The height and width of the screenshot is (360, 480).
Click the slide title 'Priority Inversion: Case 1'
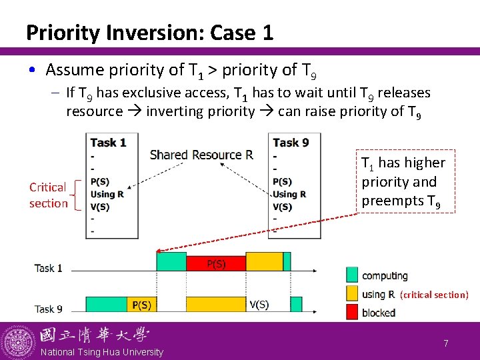point(149,32)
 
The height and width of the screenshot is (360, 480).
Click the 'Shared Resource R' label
point(201,155)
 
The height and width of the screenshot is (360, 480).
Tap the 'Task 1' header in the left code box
point(108,142)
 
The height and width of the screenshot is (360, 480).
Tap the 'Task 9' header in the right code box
point(291,142)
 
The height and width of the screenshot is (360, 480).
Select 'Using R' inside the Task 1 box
point(107,194)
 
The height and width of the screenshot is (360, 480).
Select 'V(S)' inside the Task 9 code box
point(283,207)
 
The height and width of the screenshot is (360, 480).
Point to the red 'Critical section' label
point(48,195)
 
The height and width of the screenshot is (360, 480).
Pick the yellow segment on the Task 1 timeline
point(265,261)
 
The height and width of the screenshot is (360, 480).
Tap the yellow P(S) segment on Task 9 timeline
point(141,305)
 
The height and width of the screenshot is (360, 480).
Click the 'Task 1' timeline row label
point(49,268)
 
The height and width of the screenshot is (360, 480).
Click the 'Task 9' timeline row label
point(49,309)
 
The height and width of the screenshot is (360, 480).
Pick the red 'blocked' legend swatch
point(352,312)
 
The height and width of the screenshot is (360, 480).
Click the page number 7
point(446,343)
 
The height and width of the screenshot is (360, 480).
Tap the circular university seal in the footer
point(18,342)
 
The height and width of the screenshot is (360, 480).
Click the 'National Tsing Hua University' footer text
point(102,352)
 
